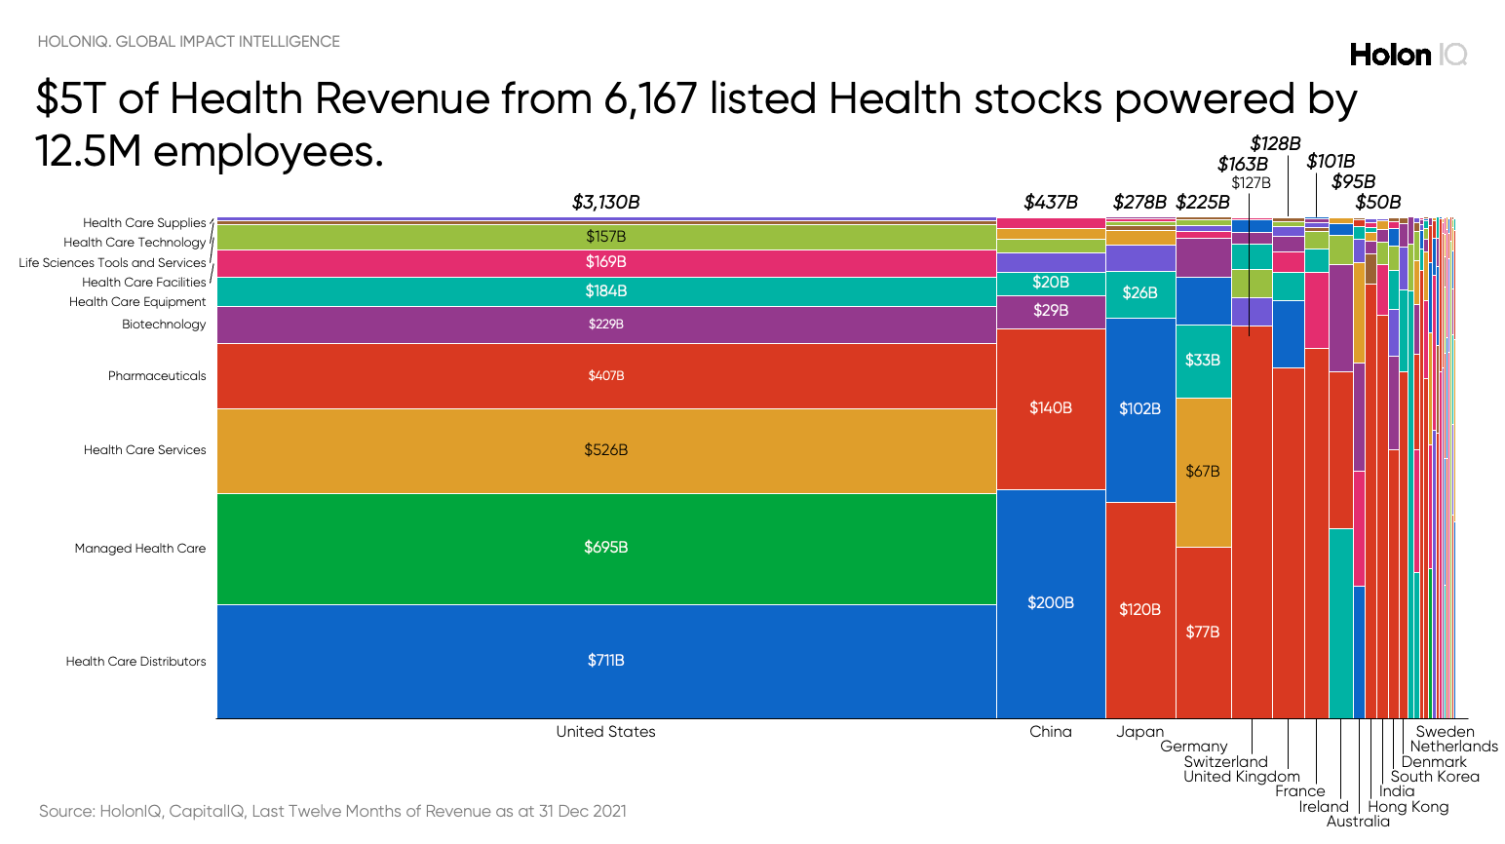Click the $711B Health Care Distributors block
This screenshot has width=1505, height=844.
[x=605, y=661]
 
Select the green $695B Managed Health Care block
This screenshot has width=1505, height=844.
[x=605, y=548]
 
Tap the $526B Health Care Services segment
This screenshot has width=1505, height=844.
[x=605, y=450]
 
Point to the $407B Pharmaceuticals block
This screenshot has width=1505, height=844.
[x=605, y=376]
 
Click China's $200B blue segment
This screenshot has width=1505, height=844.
[x=1050, y=603]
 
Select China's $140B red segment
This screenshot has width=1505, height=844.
[x=1050, y=408]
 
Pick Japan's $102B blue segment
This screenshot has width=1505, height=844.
[x=1139, y=409]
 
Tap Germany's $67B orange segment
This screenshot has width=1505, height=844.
[x=1202, y=472]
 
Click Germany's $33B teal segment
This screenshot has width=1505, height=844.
[x=1202, y=361]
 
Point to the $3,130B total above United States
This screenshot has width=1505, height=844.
[x=605, y=203]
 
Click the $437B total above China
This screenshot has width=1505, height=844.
[x=1050, y=203]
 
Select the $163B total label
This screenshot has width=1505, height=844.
[x=1242, y=165]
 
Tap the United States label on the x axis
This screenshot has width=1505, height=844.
[x=605, y=732]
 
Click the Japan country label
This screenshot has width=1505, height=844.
[x=1139, y=732]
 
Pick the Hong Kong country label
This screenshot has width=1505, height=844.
[x=1408, y=807]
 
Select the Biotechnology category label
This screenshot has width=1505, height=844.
[x=164, y=325]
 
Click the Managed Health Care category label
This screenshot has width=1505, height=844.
[x=140, y=549]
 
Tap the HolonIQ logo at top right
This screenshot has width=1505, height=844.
[x=1408, y=55]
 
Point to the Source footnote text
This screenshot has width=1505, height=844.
[x=332, y=811]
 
